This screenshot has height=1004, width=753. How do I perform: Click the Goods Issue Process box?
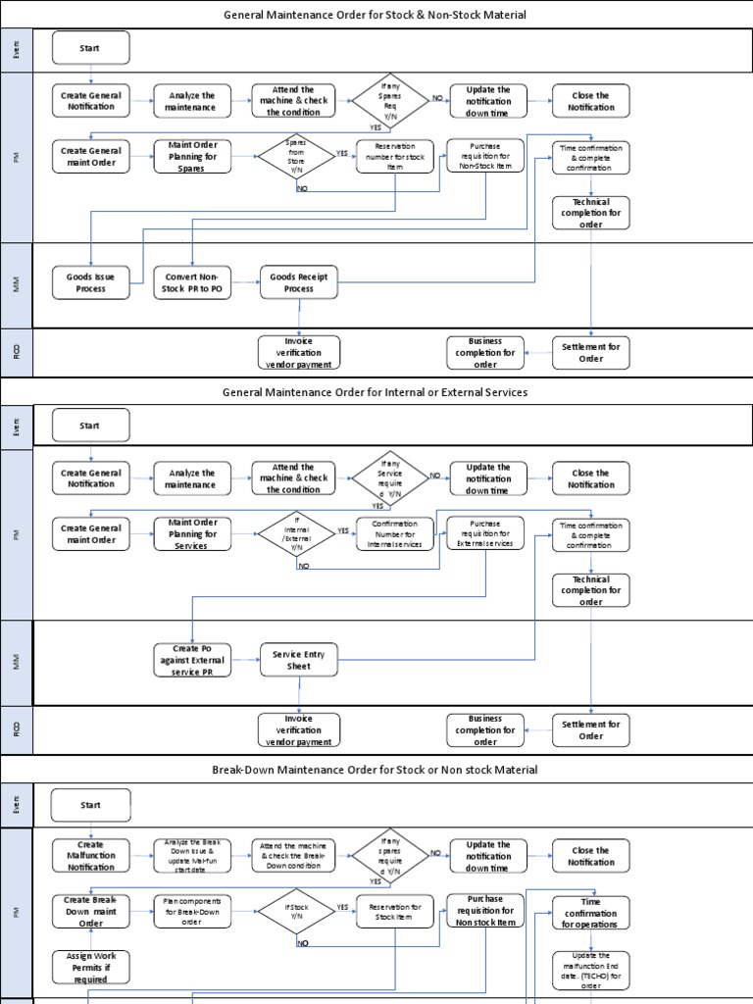(90, 282)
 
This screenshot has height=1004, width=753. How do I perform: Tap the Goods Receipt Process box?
(298, 282)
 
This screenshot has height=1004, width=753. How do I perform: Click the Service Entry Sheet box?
(298, 660)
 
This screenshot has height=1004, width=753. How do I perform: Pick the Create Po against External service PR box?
(191, 660)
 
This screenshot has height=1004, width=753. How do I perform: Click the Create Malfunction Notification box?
(90, 856)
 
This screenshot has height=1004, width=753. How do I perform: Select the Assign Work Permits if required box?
(90, 967)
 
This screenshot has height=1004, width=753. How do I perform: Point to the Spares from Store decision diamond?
(295, 156)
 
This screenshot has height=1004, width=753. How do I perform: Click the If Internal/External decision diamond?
(295, 533)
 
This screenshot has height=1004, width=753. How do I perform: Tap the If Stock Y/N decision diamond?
(295, 912)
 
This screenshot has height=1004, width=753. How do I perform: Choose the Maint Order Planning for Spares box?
(192, 156)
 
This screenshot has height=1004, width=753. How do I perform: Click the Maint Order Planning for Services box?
(192, 533)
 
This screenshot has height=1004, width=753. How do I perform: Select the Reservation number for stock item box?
(395, 156)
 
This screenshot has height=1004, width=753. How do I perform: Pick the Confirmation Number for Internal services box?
(395, 533)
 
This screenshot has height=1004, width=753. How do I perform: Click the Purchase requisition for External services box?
(485, 533)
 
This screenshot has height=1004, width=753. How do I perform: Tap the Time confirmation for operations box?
(590, 912)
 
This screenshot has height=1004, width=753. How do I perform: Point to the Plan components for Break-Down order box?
(192, 912)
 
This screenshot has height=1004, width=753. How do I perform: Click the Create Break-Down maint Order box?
(90, 911)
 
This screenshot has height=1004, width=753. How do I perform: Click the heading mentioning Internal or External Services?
(376, 392)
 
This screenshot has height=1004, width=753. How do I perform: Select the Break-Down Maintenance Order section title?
(376, 770)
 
